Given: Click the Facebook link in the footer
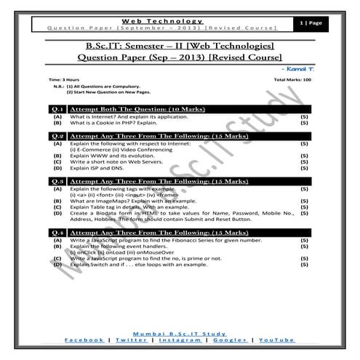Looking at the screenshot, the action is click(x=83, y=340).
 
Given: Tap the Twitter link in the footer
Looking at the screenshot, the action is click(x=131, y=340).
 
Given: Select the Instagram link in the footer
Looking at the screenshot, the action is click(x=180, y=340).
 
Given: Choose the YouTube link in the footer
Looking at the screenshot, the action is click(x=276, y=340).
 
